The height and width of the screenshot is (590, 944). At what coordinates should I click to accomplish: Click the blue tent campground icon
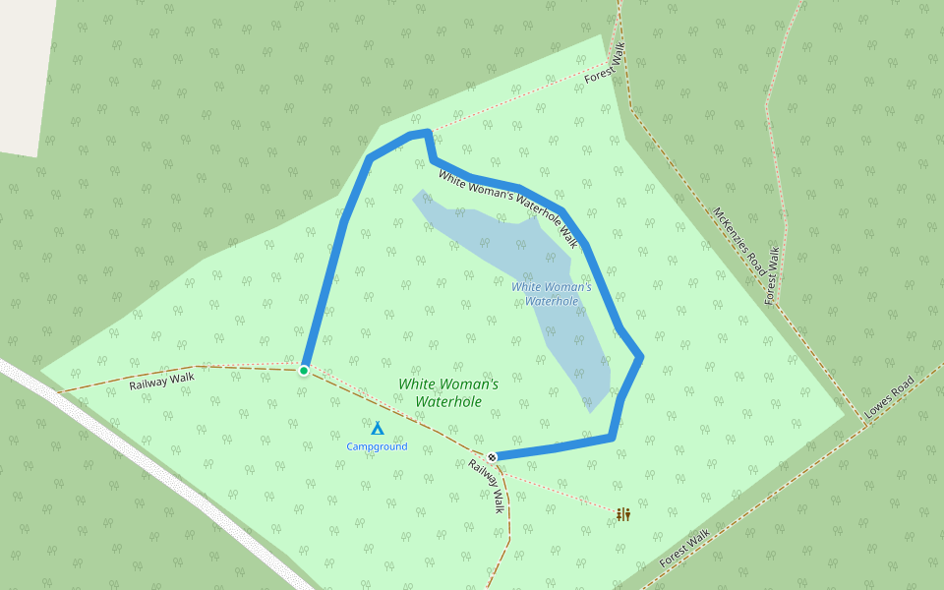[x=377, y=428]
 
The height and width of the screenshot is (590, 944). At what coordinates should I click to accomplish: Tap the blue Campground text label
[x=377, y=446]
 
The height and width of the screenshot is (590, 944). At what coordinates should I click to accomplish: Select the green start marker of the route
[x=304, y=370]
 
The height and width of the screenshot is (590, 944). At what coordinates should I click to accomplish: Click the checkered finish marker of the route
[x=491, y=456]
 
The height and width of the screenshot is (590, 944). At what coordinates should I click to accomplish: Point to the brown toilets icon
[x=623, y=513]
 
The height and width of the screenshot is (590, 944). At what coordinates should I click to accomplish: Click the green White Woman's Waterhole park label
[x=448, y=392]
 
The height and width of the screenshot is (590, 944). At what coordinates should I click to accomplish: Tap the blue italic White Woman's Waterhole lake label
[x=552, y=293]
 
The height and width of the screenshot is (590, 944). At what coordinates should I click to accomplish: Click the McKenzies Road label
[x=739, y=241]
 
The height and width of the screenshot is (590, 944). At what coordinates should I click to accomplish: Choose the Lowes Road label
[x=890, y=397]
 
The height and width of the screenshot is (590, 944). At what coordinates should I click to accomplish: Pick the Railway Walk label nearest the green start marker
[x=162, y=381]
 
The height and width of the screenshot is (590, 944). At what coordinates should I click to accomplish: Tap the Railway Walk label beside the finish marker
[x=486, y=487]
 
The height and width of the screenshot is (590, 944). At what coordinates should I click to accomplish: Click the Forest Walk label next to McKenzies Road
[x=773, y=275]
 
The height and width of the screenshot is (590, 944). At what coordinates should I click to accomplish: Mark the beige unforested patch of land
[x=25, y=69]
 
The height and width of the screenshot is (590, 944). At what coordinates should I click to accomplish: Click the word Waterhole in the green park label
[x=448, y=401]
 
